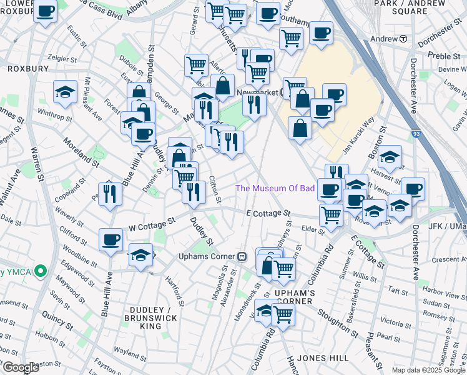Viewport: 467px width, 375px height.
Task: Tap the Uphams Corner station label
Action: tap(205, 256)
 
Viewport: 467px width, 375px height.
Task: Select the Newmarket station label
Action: tap(258, 92)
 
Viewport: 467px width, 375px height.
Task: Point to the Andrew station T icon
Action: tap(403, 38)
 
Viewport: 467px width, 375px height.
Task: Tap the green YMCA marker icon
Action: tap(41, 271)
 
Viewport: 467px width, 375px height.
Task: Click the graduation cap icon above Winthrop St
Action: tap(65, 92)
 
